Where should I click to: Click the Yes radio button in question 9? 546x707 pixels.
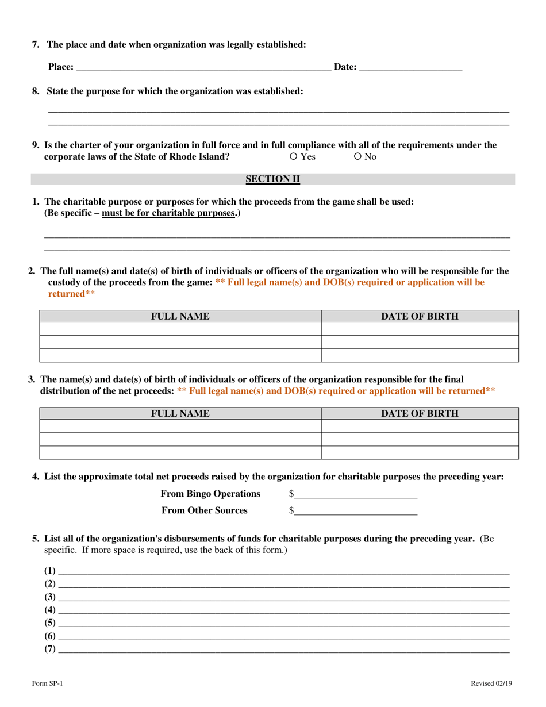point(293,156)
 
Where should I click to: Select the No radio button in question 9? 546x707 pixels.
point(357,156)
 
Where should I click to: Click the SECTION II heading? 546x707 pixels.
point(273,179)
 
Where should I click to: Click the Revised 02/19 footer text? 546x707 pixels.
point(491,683)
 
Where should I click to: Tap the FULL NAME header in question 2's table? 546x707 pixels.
point(180,316)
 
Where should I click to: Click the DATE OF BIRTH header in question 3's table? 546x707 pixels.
point(420,413)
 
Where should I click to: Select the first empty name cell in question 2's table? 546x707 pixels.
point(180,329)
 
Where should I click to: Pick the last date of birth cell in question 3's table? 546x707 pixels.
point(420,452)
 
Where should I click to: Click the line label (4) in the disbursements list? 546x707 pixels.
point(50,609)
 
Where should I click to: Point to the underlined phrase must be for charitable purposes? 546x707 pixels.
point(169,213)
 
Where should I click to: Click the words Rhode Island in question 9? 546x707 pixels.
point(202,156)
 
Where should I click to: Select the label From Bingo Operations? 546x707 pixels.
point(210,493)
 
